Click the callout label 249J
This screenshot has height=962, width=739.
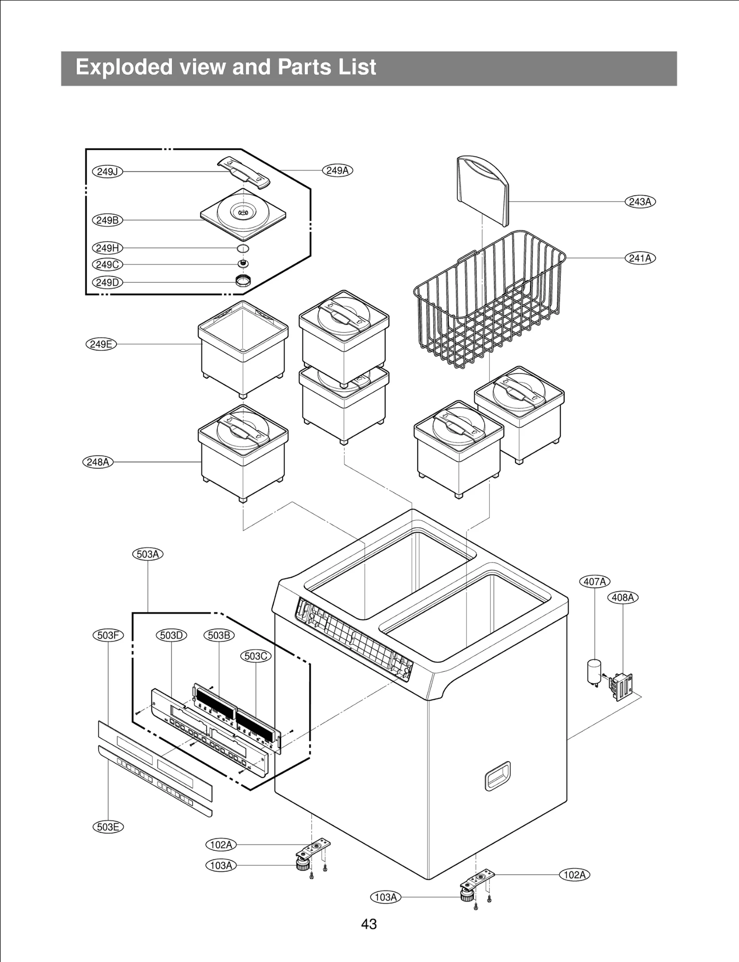[x=108, y=172]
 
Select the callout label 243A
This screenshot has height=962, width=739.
[x=640, y=202]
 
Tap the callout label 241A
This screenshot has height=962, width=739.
[x=640, y=258]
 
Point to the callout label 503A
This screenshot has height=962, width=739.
[x=148, y=554]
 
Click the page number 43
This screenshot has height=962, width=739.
[x=369, y=924]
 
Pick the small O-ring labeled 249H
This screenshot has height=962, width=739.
[x=243, y=248]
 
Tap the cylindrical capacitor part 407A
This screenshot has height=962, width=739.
[x=594, y=672]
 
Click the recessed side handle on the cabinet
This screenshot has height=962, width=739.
[x=497, y=776]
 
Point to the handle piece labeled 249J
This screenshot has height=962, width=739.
[x=243, y=172]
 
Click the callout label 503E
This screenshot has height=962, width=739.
[x=108, y=827]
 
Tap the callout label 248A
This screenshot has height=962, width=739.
[x=98, y=462]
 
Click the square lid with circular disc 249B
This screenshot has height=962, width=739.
[x=243, y=215]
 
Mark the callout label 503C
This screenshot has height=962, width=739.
[x=256, y=656]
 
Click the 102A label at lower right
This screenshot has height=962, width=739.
[x=575, y=875]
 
